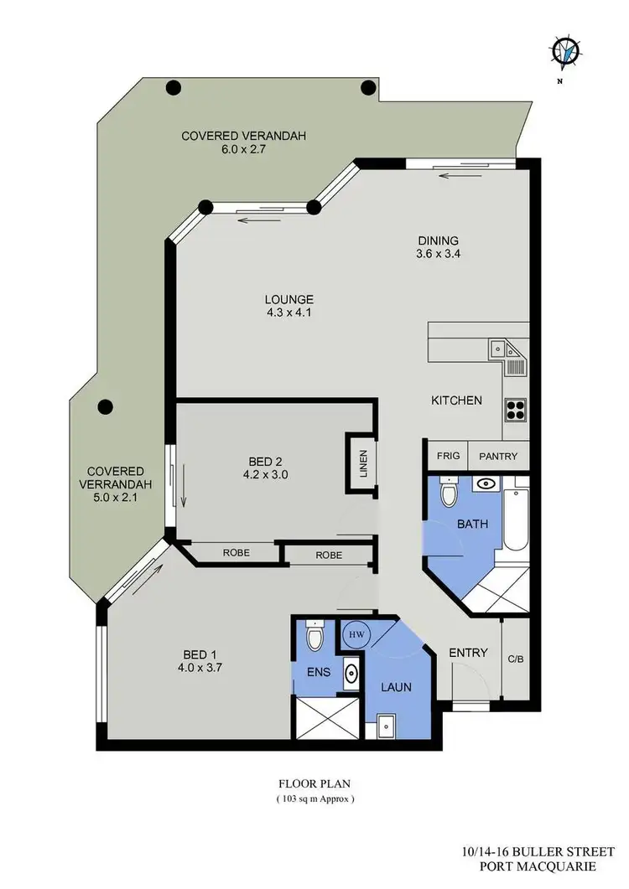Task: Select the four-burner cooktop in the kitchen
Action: coord(515,410)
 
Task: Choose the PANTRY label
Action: coord(498,457)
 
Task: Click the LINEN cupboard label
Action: coord(362,464)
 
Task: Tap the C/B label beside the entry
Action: coord(515,659)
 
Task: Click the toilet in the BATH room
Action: coord(448,492)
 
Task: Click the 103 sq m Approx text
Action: coord(315,799)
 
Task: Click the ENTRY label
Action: coord(468,653)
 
